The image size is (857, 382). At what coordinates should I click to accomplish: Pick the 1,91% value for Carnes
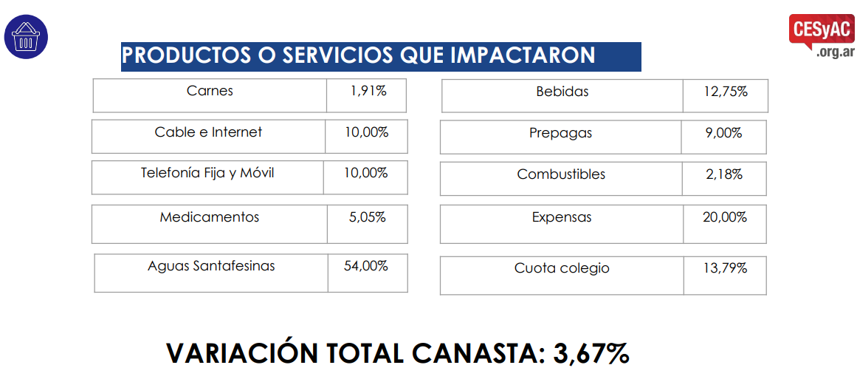tap(368, 91)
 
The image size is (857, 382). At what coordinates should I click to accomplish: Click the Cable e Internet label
tap(208, 132)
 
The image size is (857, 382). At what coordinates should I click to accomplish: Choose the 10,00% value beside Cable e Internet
tap(366, 132)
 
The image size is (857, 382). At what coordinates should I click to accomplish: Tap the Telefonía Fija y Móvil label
tap(207, 173)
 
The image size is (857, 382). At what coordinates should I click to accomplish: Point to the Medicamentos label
tap(210, 217)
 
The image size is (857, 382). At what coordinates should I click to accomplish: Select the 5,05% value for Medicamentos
tap(367, 217)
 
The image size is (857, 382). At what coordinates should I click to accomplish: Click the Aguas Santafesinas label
tap(211, 266)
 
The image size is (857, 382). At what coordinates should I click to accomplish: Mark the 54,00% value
tap(366, 266)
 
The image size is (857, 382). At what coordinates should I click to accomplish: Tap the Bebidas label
tap(562, 92)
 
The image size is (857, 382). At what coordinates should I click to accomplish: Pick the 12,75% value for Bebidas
tap(726, 92)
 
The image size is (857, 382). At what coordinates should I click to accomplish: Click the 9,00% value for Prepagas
tap(723, 133)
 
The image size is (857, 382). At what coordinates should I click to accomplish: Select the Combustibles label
tap(561, 174)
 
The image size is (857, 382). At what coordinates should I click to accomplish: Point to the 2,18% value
tap(723, 174)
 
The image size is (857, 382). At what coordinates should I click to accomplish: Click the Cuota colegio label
tap(562, 268)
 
